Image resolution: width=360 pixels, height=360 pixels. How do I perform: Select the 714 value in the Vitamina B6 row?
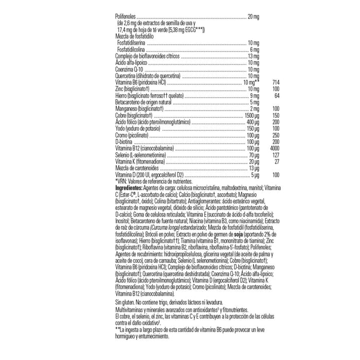coord(275,82)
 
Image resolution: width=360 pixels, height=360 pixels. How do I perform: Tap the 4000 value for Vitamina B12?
coord(274,148)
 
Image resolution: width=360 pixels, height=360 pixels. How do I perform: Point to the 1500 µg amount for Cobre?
coord(250,115)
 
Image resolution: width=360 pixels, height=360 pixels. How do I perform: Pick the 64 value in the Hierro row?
coord(277,96)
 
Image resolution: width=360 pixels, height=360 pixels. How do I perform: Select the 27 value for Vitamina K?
coord(277,161)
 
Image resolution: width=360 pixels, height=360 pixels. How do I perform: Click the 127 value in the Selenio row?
coord(276,155)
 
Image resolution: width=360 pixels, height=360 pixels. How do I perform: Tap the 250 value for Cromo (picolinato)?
coord(276,135)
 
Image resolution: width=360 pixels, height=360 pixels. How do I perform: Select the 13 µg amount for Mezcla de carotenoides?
coord(253,168)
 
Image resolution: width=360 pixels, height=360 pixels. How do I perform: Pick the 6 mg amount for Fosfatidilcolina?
coord(254,49)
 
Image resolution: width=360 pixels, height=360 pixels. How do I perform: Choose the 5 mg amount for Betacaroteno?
coord(254,102)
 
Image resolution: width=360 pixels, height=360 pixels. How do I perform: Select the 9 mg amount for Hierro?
coord(254,96)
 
